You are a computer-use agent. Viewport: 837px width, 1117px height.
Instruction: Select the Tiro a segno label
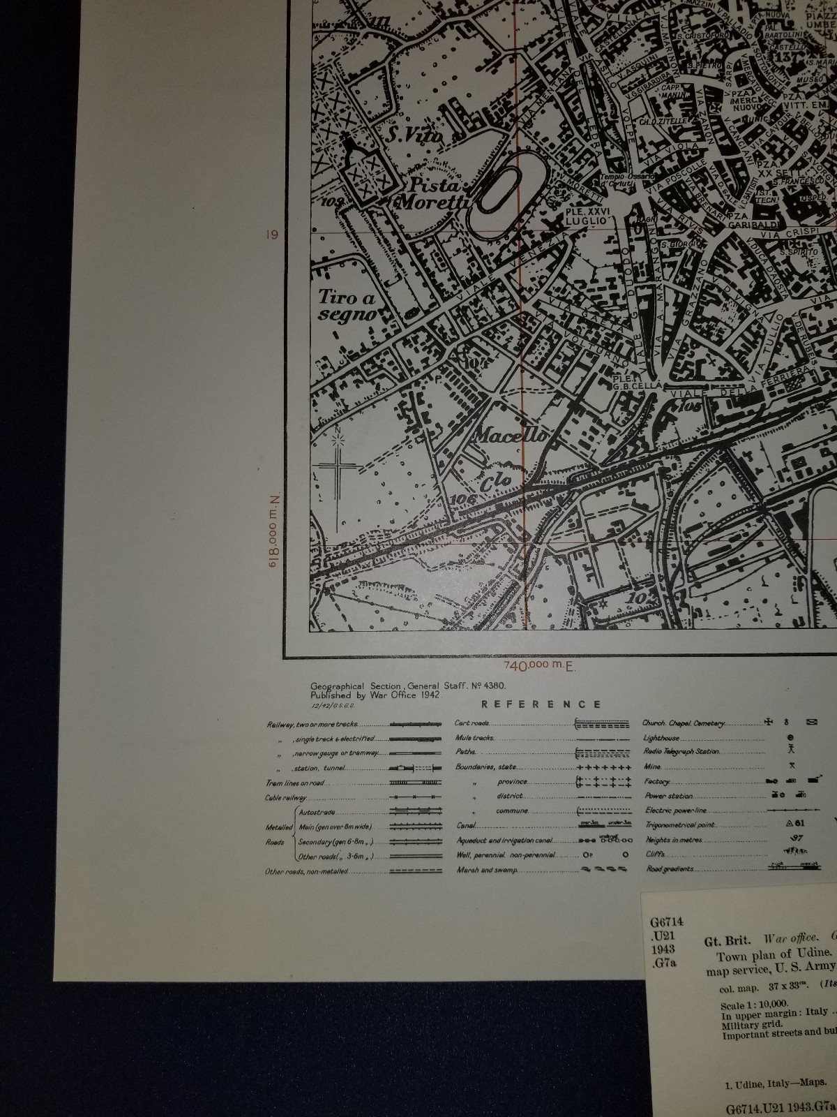point(346,305)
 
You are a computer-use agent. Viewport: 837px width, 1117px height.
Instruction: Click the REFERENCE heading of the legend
point(541,704)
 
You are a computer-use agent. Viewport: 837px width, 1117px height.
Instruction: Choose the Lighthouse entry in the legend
point(661,737)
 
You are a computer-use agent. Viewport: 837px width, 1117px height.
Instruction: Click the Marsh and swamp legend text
point(486,870)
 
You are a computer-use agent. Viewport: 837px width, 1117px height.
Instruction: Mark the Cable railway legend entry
point(286,798)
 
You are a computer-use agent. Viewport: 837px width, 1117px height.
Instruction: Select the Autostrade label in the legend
point(317,813)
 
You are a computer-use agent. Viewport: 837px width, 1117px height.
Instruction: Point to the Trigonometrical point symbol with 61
point(794,824)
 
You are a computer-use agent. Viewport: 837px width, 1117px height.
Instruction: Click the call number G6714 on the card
point(666,922)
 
